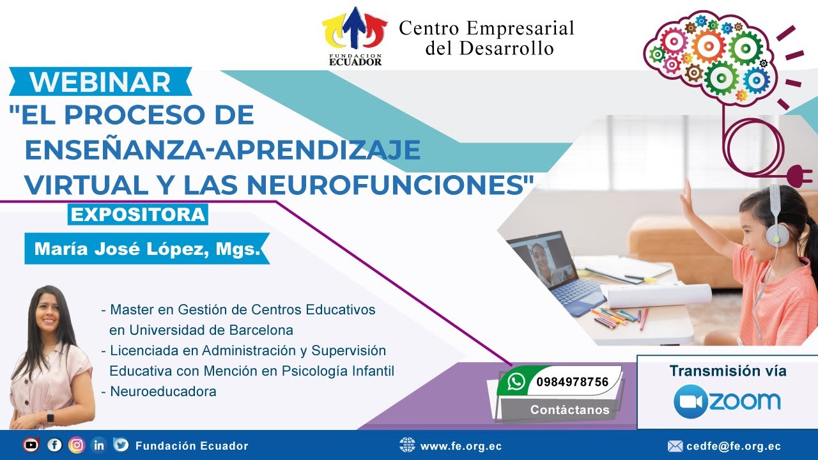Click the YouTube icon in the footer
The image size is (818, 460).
(31, 445)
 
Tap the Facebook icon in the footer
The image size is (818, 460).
(54, 445)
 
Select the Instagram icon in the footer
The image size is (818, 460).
(77, 445)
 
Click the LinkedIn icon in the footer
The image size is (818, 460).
(98, 445)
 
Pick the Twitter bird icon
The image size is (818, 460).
(121, 445)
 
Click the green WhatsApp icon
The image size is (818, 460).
(516, 382)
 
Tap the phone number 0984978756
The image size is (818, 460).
(572, 382)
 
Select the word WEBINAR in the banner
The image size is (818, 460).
(100, 82)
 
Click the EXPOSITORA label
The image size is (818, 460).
(137, 214)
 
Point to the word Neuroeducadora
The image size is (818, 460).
(163, 392)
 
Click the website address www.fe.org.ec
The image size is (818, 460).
(461, 446)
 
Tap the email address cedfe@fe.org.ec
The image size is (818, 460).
(734, 446)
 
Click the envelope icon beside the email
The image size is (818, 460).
(675, 446)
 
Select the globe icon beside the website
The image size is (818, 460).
(407, 445)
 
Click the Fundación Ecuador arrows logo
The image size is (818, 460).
(354, 29)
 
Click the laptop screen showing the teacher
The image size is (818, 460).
(545, 260)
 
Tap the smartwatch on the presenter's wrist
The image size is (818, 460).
(50, 416)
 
